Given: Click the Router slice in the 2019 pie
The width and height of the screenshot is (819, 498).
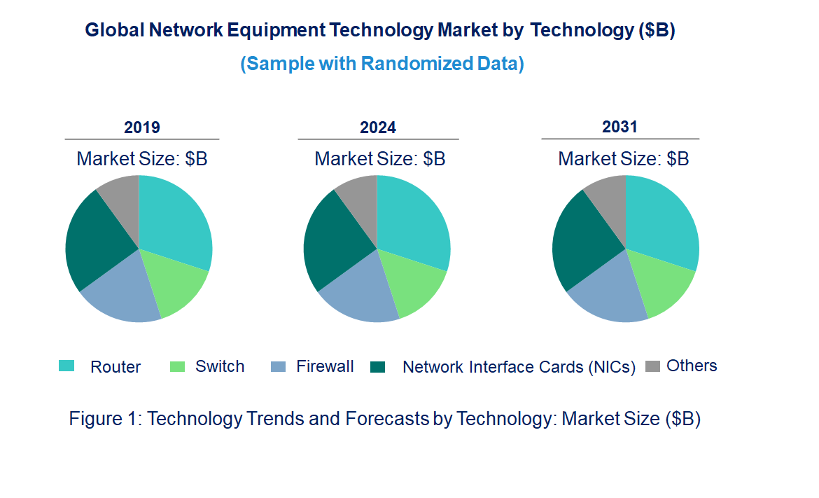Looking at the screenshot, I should (175, 221).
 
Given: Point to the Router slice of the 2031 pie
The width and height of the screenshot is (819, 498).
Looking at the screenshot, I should (661, 221).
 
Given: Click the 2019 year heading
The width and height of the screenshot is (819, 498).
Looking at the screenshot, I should (141, 127).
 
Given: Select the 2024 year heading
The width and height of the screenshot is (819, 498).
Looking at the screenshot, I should (378, 127).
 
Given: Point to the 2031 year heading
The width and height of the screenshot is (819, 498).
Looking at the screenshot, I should (619, 127).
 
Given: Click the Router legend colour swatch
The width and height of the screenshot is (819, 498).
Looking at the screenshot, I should (66, 366).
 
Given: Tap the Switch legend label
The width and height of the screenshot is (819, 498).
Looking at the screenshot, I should (220, 366).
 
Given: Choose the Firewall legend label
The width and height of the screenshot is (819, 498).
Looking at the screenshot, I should (325, 366).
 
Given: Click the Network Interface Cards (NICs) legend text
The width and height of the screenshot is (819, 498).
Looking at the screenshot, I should (519, 367).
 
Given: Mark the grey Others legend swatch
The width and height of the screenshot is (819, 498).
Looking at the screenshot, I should (652, 366).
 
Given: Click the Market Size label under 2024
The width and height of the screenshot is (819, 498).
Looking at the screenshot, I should (379, 159).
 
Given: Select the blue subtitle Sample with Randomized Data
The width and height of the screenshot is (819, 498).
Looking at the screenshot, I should (382, 64).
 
